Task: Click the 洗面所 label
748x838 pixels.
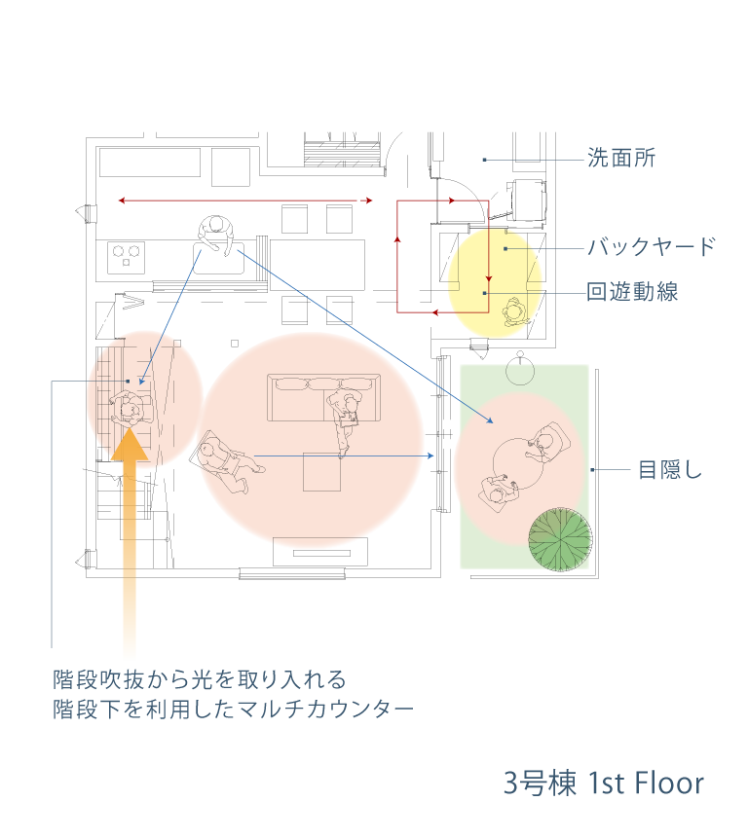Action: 621,159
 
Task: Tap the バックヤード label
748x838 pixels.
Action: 652,247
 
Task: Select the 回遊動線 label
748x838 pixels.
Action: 632,292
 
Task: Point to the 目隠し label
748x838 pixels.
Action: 670,470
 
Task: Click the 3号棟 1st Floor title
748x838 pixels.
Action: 604,783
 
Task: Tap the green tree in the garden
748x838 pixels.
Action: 560,539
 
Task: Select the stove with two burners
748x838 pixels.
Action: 127,257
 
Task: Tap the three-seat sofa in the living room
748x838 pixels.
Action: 323,398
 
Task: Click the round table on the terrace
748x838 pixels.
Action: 517,464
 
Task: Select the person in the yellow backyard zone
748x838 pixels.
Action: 515,312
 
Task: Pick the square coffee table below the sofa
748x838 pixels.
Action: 321,471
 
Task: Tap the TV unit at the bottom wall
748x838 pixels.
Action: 320,552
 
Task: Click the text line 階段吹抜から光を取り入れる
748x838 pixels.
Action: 200,679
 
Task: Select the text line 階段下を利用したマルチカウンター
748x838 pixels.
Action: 233,710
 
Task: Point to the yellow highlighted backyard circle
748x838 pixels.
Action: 495,283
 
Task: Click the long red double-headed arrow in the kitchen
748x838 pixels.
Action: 244,200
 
